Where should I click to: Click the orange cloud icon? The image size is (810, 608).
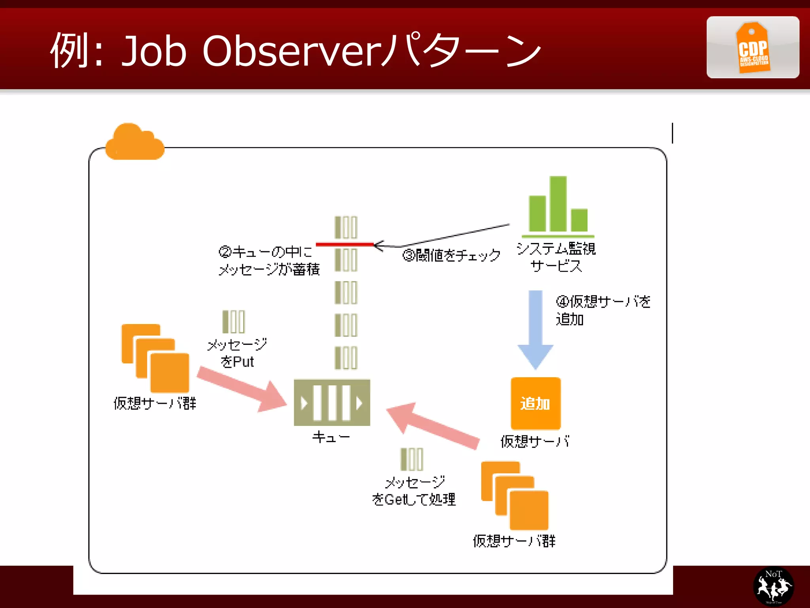coord(134,142)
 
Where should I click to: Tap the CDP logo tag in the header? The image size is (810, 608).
coord(753,47)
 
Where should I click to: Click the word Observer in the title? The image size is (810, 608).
coord(292,51)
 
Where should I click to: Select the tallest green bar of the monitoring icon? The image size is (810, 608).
coord(558,203)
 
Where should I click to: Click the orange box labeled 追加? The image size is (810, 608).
coord(536,403)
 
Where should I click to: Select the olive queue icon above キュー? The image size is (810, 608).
coord(332,403)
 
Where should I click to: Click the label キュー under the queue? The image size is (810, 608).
coord(331,437)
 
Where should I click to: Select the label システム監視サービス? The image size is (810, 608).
coord(556,257)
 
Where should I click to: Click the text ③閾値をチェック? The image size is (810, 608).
coord(451,255)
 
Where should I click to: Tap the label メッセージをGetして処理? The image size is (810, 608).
coord(414,491)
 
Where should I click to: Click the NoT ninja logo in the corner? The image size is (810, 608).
coord(773,586)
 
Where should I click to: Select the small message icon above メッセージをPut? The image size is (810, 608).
coord(234,321)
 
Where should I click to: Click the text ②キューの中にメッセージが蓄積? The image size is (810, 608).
coord(269,260)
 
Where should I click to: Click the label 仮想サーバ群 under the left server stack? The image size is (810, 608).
coord(155,403)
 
